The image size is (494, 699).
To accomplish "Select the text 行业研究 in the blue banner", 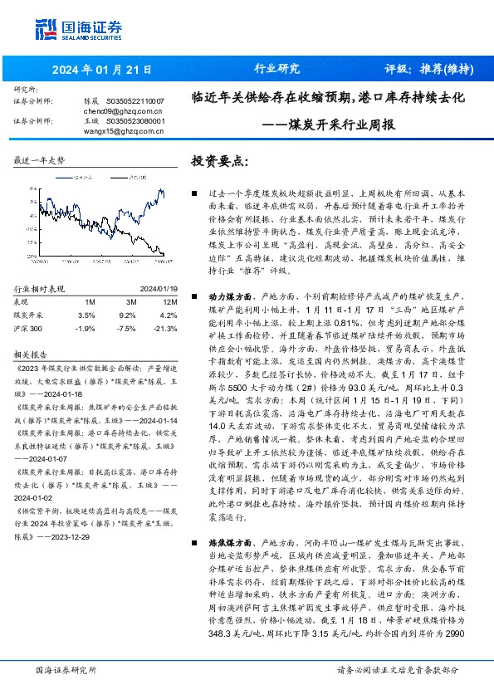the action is (x=276, y=69).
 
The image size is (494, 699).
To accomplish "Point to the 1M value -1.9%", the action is (x=86, y=329).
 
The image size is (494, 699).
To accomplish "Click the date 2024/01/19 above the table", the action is (x=149, y=288).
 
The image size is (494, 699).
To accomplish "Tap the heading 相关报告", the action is (x=29, y=353).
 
